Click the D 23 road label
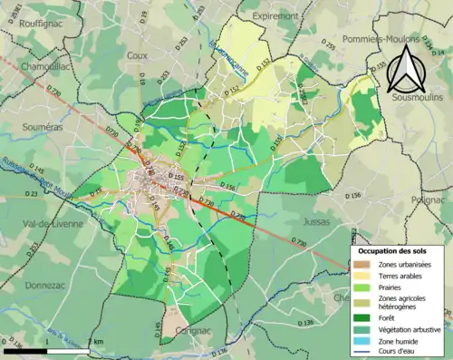pyautogui.click(x=8, y=194)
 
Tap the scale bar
pyautogui.click(x=45, y=349)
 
